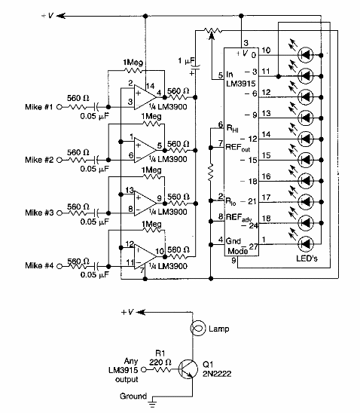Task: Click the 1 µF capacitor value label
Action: tap(186, 60)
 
